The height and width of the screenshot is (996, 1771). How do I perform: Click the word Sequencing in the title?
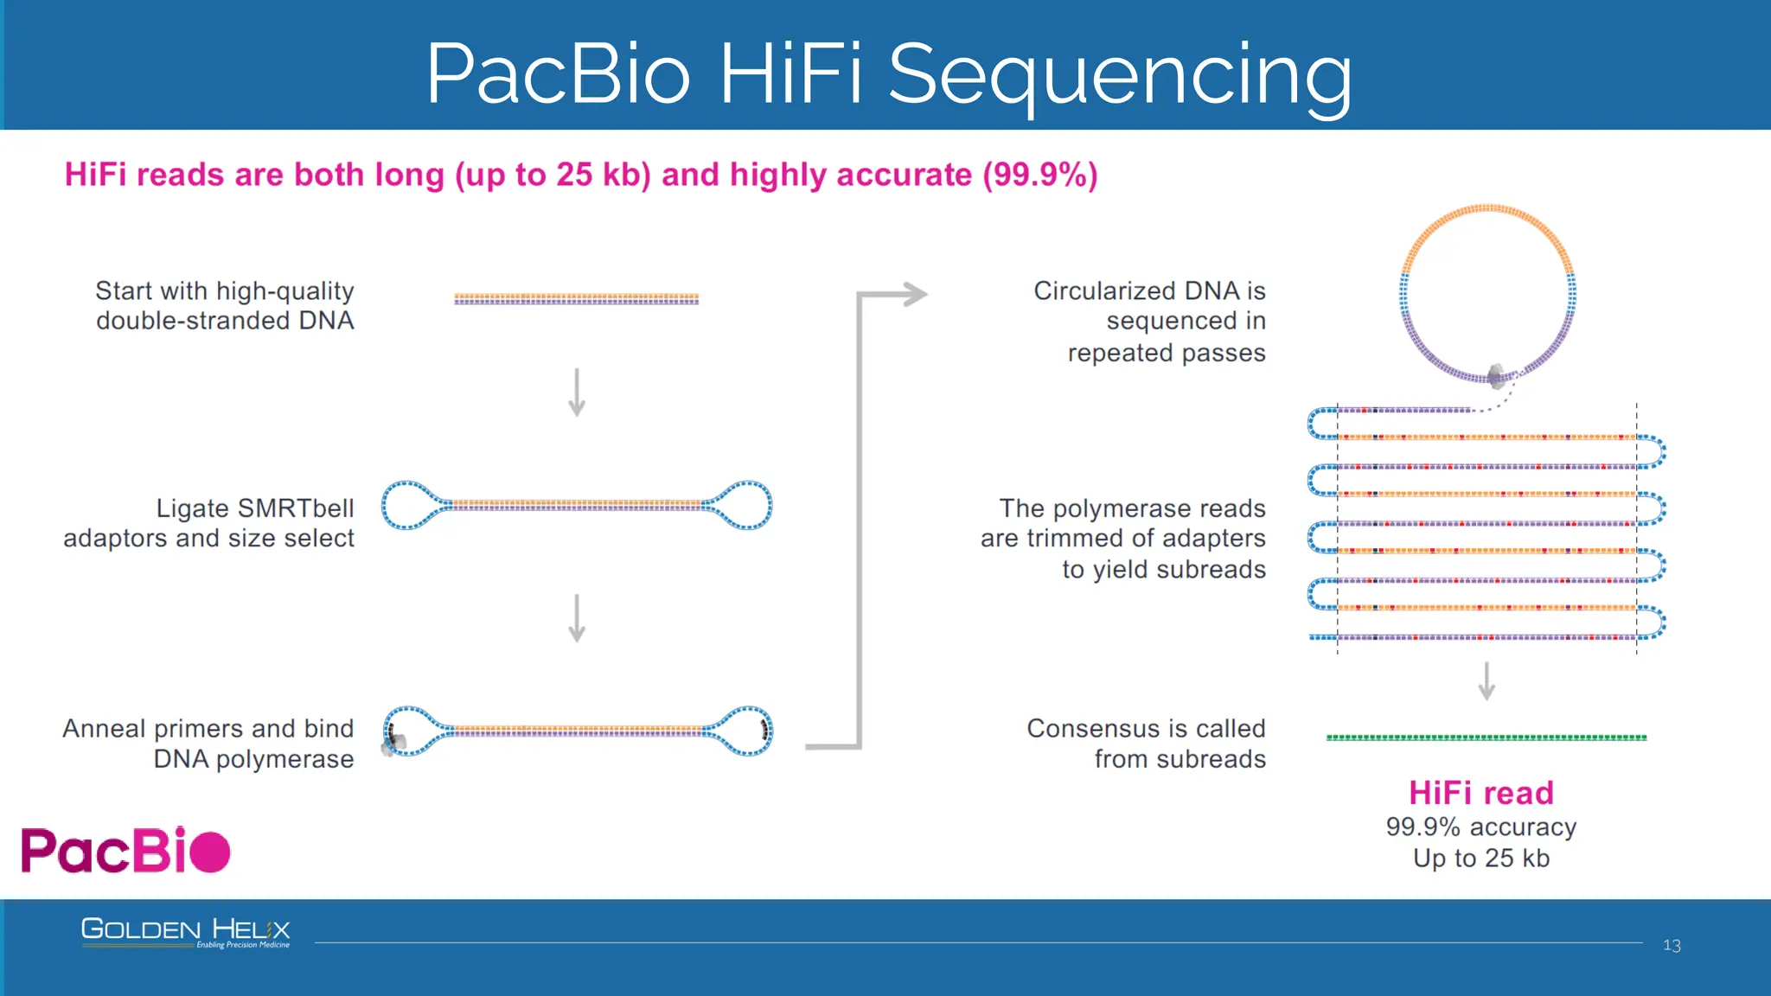point(1120,75)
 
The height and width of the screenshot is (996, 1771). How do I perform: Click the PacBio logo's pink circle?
point(209,852)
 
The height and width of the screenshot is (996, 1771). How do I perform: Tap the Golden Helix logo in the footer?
point(185,932)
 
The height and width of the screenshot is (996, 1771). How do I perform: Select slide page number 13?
point(1672,946)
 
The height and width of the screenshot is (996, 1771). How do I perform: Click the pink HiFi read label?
point(1480,793)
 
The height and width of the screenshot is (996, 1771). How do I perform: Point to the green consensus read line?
point(1486,737)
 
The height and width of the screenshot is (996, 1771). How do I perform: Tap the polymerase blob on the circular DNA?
point(1497,375)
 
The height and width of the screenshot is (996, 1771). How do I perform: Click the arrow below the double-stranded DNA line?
point(577,393)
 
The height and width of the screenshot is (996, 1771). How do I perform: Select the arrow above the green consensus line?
point(1486,681)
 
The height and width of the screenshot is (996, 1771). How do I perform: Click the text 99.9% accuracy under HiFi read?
point(1480,827)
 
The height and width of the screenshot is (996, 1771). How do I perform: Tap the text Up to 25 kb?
point(1480,859)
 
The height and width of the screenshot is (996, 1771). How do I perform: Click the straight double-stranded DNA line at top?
point(577,299)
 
